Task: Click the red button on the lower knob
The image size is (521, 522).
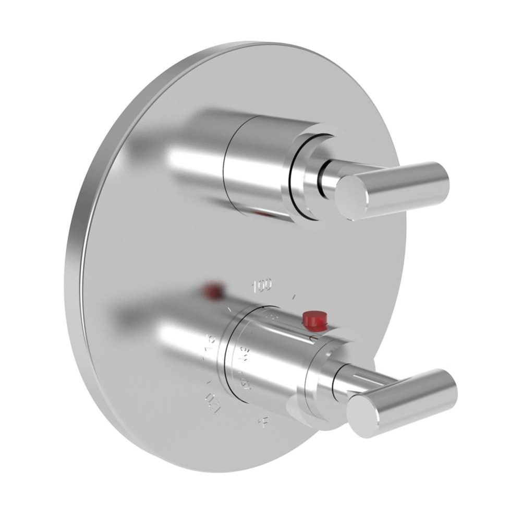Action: [x=314, y=319]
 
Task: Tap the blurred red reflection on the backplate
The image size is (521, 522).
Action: [x=213, y=291]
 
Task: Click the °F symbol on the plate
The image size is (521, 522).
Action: [x=265, y=421]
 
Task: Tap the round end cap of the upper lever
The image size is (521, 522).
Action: [x=353, y=197]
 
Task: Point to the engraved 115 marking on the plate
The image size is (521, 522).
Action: [x=211, y=352]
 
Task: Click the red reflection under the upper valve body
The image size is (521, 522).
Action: [x=263, y=214]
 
